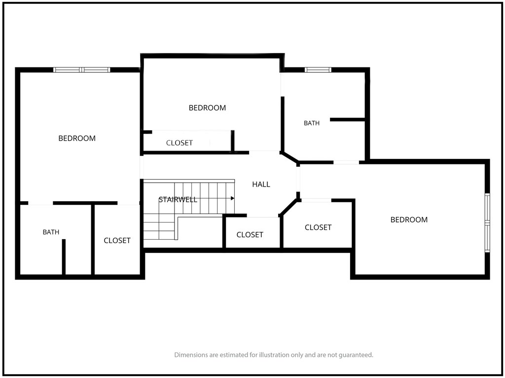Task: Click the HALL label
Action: point(261,184)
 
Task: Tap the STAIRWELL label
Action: point(178,200)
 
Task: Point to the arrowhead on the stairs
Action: point(233,198)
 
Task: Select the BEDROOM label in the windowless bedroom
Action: point(207,108)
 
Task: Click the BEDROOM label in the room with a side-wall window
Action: point(409,220)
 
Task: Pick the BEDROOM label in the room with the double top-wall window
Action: point(77,138)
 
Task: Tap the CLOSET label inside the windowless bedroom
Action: point(180,143)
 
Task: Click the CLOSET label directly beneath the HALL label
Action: point(250,235)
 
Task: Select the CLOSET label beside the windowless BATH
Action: point(117,240)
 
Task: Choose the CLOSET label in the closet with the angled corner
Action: point(318,227)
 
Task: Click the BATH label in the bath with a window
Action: point(312,123)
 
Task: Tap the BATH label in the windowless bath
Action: point(51,232)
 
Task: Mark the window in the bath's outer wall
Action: point(318,70)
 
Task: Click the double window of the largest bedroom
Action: point(82,70)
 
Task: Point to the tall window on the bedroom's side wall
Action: point(487,223)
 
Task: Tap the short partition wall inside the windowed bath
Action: point(348,120)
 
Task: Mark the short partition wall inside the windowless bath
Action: point(64,257)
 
